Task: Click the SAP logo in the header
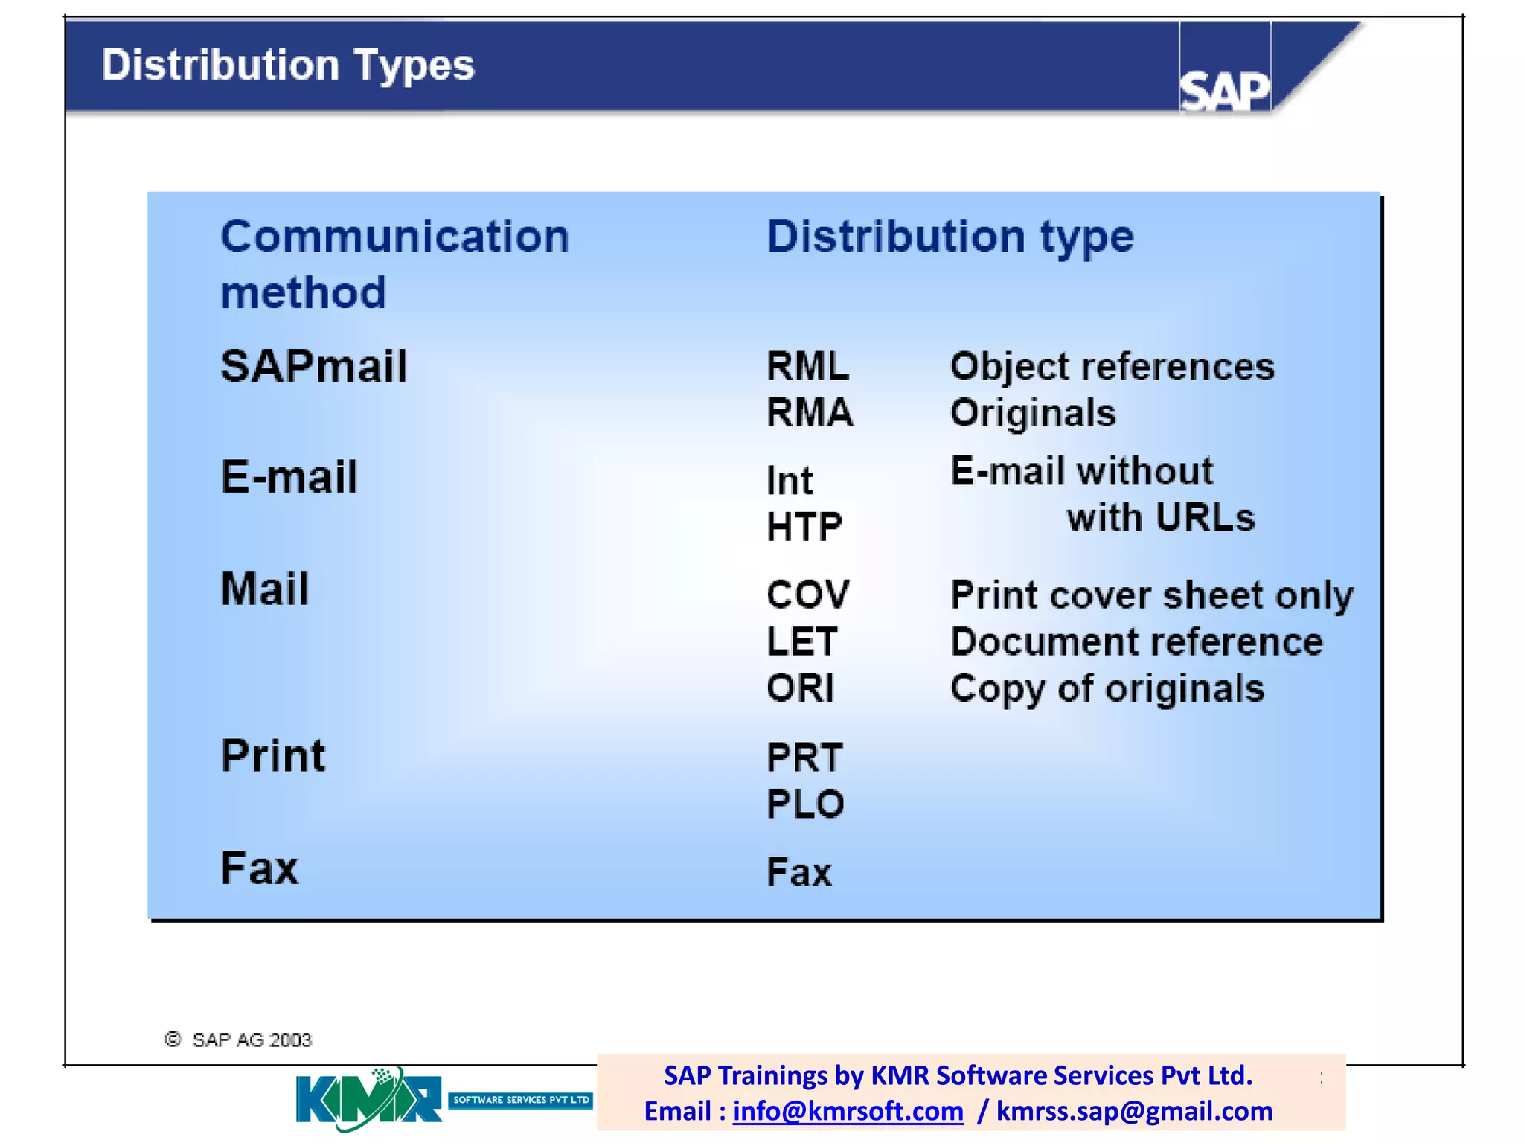[x=1224, y=90]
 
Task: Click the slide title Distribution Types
[x=287, y=65]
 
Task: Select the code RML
[x=807, y=366]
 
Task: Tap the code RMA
[x=810, y=412]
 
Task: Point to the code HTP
[x=804, y=527]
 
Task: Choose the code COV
[x=807, y=595]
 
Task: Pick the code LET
[x=802, y=641]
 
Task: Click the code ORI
[x=800, y=688]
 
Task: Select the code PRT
[x=804, y=758]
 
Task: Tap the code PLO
[x=805, y=804]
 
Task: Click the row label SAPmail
[x=313, y=366]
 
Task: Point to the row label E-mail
[x=289, y=476]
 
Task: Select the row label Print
[x=272, y=755]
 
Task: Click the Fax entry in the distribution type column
[x=798, y=871]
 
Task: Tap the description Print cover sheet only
[x=1151, y=595]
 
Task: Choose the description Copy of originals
[x=1107, y=688]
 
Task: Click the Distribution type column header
[x=950, y=236]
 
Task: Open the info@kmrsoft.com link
[x=848, y=1111]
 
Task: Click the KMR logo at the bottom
[x=368, y=1099]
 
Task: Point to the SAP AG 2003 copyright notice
[x=238, y=1040]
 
